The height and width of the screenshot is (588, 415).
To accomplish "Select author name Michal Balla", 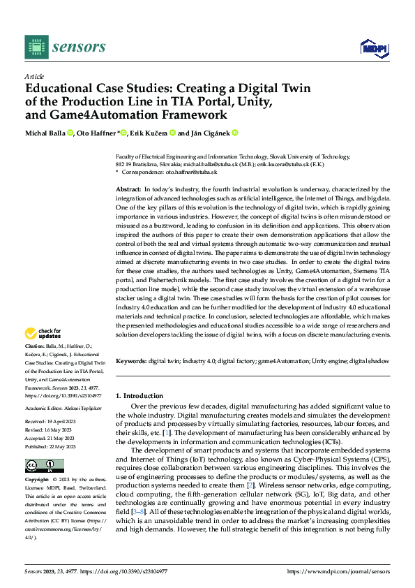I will pyautogui.click(x=45, y=133).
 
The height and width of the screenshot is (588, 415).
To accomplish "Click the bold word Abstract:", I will pyautogui.click(x=128, y=190).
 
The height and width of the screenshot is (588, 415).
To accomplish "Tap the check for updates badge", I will pyautogui.click(x=43, y=334).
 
